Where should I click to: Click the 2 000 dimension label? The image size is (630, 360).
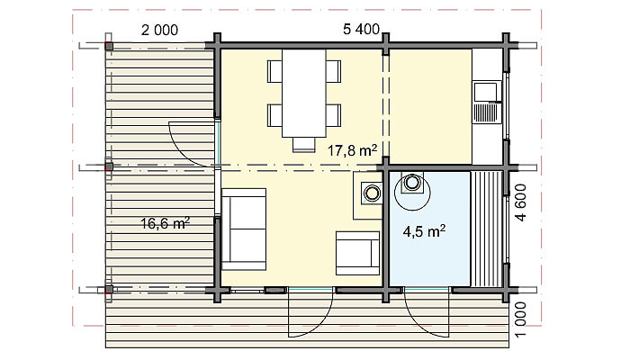click(159, 30)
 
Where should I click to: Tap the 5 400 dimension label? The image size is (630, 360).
click(361, 29)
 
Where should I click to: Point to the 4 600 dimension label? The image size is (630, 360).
click(520, 202)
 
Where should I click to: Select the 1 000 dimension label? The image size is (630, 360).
click(520, 319)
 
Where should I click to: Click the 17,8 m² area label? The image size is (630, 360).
click(352, 150)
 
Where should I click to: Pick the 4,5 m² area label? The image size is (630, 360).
click(424, 231)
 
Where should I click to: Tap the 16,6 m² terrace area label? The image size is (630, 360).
click(165, 223)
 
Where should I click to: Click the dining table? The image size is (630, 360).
click(304, 94)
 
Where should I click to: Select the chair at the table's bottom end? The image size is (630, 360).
click(304, 145)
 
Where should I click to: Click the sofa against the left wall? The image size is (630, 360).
click(244, 229)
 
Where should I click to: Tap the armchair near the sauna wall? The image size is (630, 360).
click(357, 253)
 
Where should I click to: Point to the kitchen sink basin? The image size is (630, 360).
click(486, 92)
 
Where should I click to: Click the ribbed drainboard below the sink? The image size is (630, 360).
click(486, 112)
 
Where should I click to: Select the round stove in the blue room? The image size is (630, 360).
click(412, 183)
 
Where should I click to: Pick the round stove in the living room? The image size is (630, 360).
click(372, 193)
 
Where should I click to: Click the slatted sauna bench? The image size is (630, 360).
click(486, 229)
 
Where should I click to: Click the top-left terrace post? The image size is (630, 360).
click(109, 46)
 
